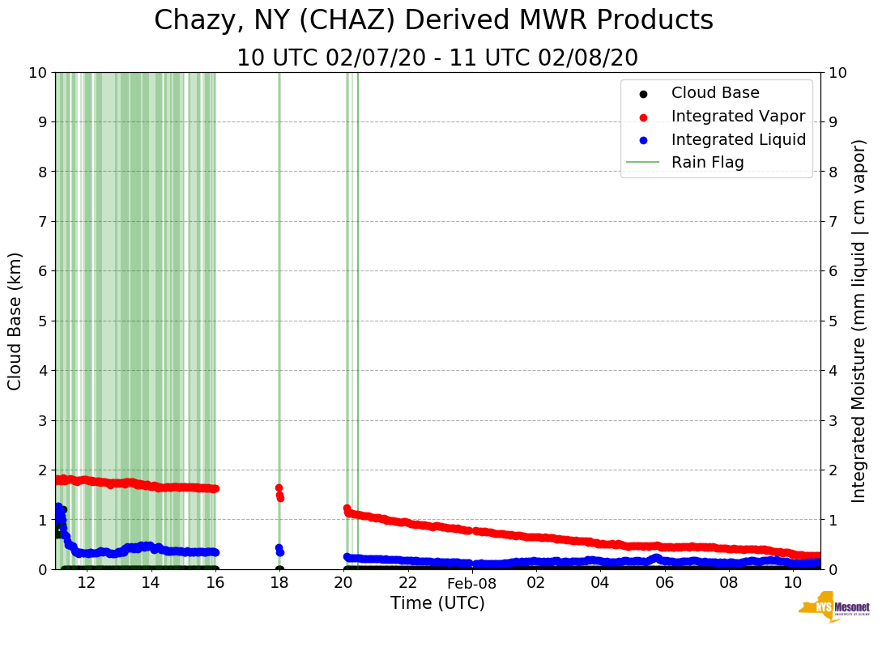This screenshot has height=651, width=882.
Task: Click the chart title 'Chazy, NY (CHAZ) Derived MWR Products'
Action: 433,21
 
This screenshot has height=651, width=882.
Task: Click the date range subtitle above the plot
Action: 437,58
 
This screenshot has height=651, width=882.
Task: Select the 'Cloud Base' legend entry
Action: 715,93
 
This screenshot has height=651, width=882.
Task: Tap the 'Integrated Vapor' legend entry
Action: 738,116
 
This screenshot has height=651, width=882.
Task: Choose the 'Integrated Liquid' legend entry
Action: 738,139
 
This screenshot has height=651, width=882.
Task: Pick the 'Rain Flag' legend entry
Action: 707,162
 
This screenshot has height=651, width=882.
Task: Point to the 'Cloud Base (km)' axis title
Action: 15,321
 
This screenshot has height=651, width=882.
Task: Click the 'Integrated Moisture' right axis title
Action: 859,321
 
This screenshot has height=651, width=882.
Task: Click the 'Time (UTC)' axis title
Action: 437,603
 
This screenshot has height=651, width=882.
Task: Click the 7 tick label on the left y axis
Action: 42,221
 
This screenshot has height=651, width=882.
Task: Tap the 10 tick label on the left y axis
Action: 38,72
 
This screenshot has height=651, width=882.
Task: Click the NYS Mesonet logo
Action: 833,610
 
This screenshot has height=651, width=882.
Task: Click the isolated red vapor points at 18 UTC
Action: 279,493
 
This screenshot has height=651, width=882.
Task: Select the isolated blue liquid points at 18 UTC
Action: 279,550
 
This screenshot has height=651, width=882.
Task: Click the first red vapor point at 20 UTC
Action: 347,508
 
